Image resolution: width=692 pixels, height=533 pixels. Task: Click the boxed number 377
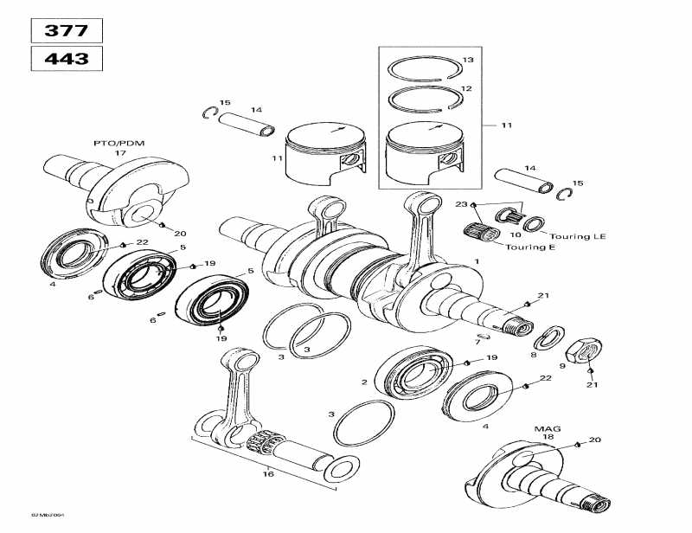coord(67,30)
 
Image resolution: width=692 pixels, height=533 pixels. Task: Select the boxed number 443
coord(67,59)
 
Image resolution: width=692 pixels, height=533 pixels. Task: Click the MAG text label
coord(541,428)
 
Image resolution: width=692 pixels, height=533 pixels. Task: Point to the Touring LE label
coord(571,236)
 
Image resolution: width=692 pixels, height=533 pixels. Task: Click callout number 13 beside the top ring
coord(468,60)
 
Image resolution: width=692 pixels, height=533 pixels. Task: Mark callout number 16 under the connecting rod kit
coord(268,474)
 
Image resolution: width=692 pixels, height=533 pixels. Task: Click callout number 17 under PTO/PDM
coord(120,152)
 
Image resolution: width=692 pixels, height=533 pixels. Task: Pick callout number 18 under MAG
coord(548,438)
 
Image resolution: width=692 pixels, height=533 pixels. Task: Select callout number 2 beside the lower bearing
coord(364,382)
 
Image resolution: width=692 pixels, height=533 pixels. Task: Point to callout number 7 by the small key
coord(477,342)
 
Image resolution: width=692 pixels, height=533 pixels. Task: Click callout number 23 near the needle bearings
coord(461,204)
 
